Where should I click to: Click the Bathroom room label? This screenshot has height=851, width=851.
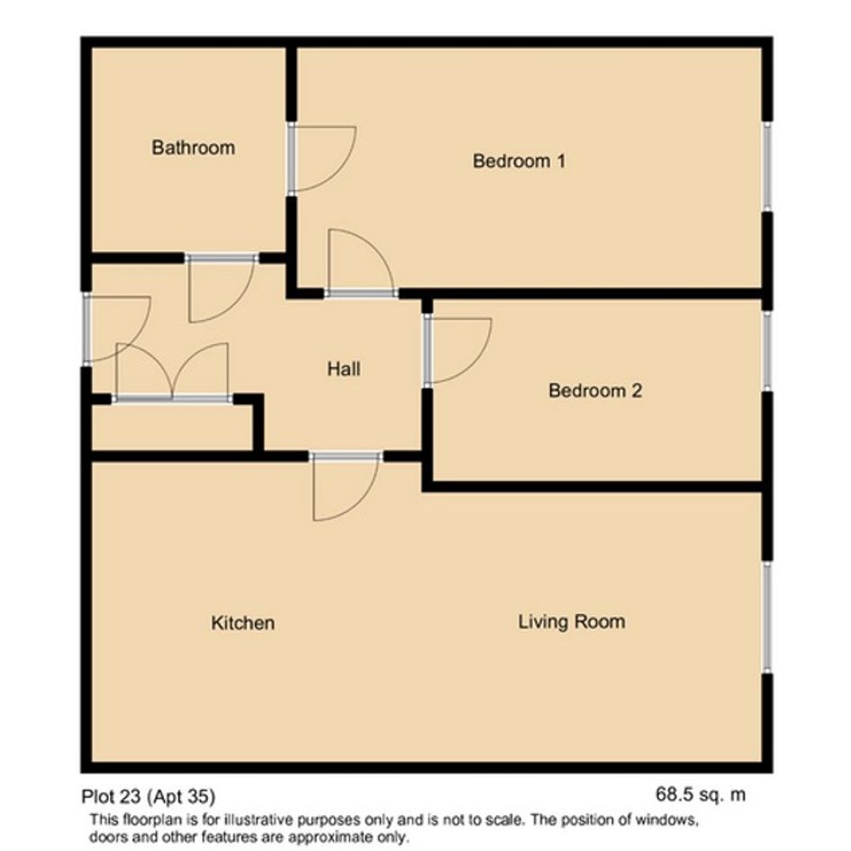[194, 148]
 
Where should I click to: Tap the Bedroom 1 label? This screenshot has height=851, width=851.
[519, 160]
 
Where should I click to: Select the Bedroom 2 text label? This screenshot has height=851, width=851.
[595, 391]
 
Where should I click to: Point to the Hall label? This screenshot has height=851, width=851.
[343, 369]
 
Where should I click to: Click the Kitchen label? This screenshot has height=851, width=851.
[242, 622]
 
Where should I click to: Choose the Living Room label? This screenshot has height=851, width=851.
[572, 621]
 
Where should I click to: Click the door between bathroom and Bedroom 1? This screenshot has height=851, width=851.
[321, 158]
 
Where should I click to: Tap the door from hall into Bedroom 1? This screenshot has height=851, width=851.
[360, 263]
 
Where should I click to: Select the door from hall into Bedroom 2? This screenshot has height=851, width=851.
[458, 350]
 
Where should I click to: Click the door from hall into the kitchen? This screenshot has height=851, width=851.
[346, 486]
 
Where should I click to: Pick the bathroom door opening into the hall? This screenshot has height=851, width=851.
[221, 288]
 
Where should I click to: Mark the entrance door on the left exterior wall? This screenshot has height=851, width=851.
[117, 329]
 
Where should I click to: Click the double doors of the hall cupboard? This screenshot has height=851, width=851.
[173, 373]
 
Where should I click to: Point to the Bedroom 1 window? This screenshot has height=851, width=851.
[767, 166]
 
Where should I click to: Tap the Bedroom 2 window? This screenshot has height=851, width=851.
[767, 350]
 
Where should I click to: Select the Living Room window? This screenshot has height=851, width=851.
[767, 617]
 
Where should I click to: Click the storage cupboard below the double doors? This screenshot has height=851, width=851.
[172, 427]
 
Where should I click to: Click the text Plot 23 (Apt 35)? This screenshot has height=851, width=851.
[149, 796]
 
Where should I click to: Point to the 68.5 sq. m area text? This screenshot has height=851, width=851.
[701, 794]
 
